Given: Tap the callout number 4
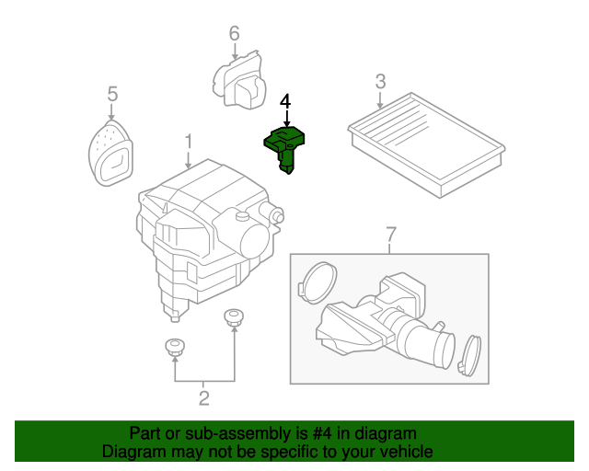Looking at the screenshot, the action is pyautogui.click(x=285, y=101).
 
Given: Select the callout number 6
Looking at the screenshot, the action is pyautogui.click(x=234, y=33).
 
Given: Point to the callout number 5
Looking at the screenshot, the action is pyautogui.click(x=112, y=94).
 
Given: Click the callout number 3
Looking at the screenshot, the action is pyautogui.click(x=380, y=82).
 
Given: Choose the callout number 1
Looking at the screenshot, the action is pyautogui.click(x=189, y=142).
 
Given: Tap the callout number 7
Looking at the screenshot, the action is pyautogui.click(x=391, y=235).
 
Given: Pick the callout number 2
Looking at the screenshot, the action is pyautogui.click(x=204, y=398).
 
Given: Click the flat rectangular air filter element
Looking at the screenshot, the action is pyautogui.click(x=426, y=144).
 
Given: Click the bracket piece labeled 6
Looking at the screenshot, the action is pyautogui.click(x=239, y=80).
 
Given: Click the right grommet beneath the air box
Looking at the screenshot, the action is pyautogui.click(x=234, y=317).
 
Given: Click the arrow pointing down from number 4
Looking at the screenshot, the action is pyautogui.click(x=287, y=119).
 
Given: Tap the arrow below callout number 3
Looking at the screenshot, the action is pyautogui.click(x=380, y=99).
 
